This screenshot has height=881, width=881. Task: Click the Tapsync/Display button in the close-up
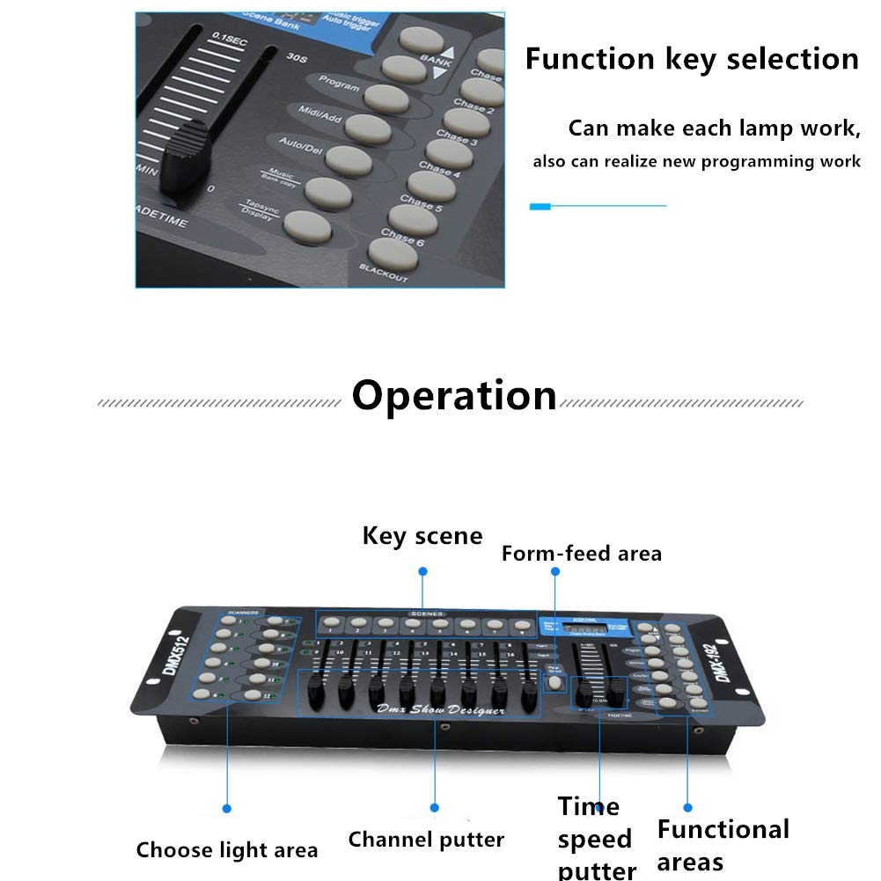[x=307, y=226]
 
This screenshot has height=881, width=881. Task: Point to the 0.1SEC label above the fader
[x=230, y=38]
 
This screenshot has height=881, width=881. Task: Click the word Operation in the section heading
[x=453, y=396]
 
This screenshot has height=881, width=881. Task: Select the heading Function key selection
[x=692, y=59]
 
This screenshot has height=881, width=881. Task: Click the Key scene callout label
[x=422, y=536]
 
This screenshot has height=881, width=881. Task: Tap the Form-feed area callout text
[x=581, y=554]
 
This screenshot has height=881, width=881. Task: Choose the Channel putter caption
[x=426, y=840]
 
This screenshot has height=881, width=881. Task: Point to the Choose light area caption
[x=226, y=850]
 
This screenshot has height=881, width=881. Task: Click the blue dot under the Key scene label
[x=422, y=571]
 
